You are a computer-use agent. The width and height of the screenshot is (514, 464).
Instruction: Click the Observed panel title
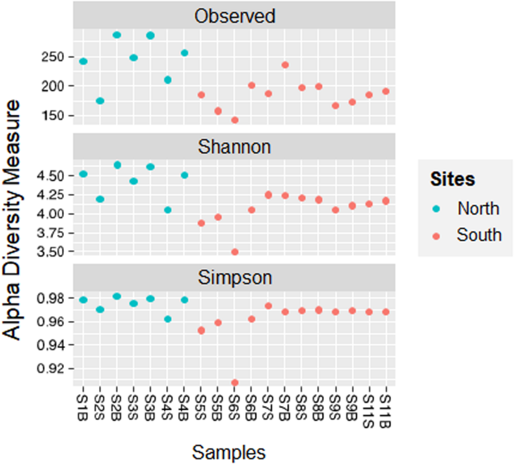235,16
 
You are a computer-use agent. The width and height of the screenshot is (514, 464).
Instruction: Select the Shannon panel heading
234,147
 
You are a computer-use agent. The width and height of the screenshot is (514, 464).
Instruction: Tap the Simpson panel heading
235,277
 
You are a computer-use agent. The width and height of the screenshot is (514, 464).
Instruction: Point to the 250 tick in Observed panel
52,57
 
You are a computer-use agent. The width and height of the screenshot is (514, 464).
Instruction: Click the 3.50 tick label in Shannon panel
50,252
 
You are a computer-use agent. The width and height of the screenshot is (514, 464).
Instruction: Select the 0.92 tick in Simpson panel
50,369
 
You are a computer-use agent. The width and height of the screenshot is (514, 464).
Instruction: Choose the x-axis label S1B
83,408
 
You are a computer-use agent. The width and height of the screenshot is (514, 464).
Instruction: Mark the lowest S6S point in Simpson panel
235,382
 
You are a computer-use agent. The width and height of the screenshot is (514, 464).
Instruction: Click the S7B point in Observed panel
285,65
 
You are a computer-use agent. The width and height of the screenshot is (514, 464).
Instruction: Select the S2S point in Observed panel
100,101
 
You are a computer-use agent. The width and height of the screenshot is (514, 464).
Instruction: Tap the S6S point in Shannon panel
235,252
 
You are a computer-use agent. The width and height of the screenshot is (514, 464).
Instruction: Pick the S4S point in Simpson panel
167,319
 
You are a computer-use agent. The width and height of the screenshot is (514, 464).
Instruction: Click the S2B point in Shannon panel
117,165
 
